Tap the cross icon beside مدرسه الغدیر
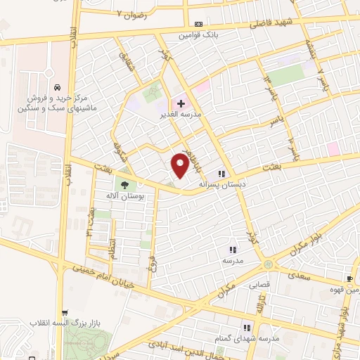[181, 103]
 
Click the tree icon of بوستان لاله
[124, 186]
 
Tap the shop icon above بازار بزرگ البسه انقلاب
[65, 313]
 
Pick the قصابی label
[257, 285]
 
